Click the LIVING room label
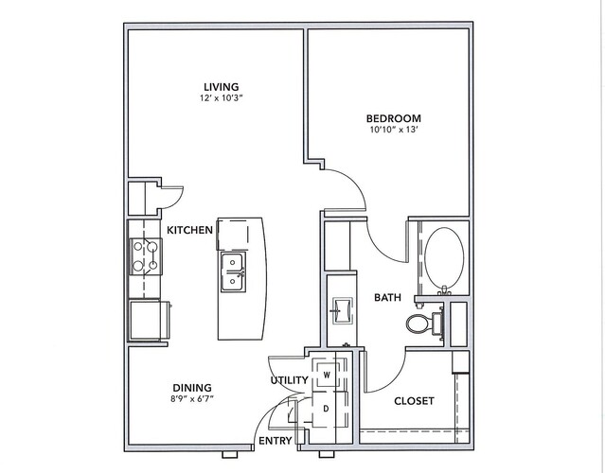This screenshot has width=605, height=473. [222, 87]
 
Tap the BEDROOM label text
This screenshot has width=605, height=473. [394, 118]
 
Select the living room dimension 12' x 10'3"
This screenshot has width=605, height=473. [222, 98]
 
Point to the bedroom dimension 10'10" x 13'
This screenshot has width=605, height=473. [394, 130]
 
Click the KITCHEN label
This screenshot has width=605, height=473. [190, 230]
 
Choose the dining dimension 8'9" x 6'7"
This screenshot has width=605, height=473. [192, 399]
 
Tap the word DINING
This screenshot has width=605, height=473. [192, 388]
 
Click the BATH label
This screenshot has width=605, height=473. [388, 298]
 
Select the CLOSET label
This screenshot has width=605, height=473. [414, 401]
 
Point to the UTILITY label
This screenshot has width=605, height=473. [290, 380]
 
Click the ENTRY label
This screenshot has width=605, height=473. [276, 441]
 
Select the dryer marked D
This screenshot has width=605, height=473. [327, 409]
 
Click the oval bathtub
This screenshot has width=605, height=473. [444, 257]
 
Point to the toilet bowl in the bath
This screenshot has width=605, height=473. [416, 324]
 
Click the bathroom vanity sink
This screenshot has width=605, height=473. [342, 310]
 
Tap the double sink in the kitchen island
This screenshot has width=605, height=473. [232, 272]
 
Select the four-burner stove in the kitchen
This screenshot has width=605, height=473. [146, 256]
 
